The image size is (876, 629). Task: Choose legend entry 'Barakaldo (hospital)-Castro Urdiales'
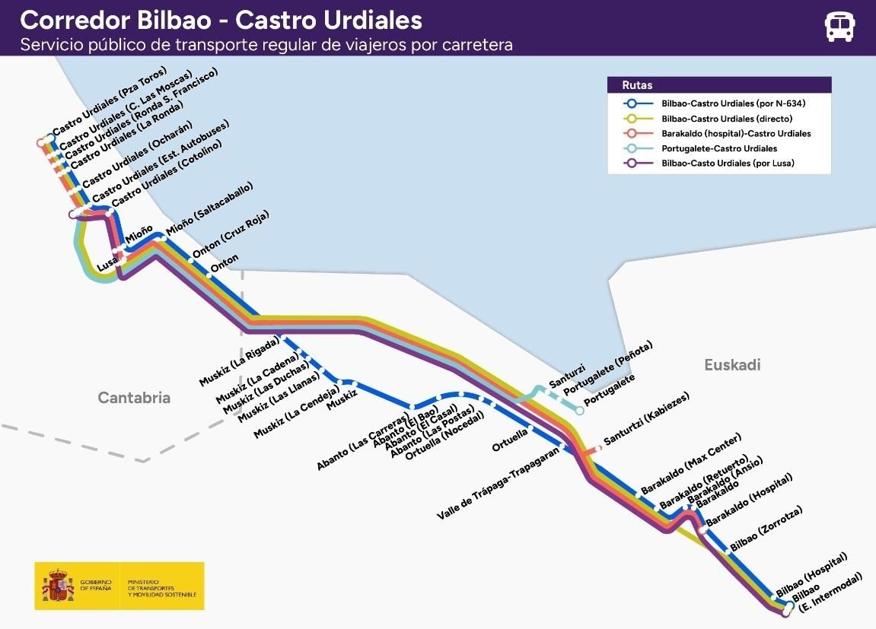coord(736,134)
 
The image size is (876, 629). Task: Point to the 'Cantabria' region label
coord(134,398)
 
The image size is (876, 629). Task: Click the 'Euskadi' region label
coord(732,365)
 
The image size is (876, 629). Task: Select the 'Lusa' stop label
coord(107,265)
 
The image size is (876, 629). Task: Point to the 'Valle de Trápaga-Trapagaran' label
coord(498,484)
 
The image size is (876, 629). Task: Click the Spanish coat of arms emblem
coord(58,586)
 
